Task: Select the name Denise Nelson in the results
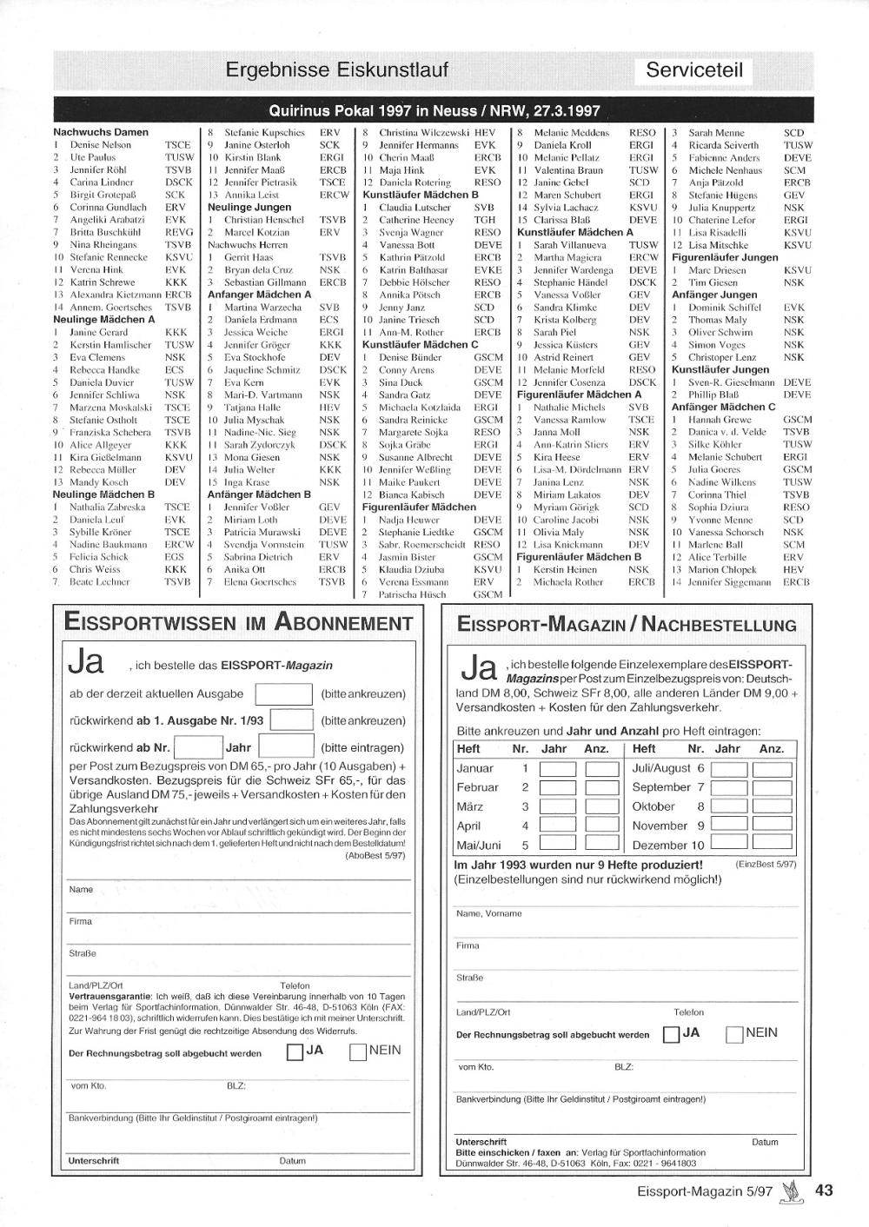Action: [x=101, y=145]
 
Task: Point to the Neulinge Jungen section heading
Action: [x=249, y=208]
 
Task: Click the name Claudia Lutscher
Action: [x=415, y=208]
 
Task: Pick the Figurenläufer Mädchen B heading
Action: [x=579, y=557]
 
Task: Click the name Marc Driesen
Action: [x=717, y=270]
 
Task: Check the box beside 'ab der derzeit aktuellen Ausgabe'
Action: [x=283, y=694]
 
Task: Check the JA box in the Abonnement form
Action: [x=295, y=1052]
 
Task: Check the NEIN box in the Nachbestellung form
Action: [x=734, y=1034]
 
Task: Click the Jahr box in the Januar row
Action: [x=557, y=769]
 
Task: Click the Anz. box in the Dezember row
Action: [x=772, y=845]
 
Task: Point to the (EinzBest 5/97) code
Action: [x=766, y=865]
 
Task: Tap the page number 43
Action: [x=823, y=1191]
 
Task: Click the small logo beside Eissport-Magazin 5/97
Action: [x=790, y=1191]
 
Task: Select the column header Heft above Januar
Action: [x=468, y=748]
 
